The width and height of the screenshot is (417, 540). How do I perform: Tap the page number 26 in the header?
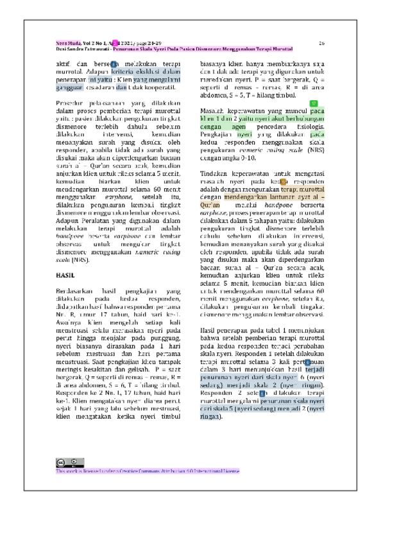(x=322, y=43)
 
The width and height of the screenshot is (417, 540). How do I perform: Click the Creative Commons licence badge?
(x=69, y=462)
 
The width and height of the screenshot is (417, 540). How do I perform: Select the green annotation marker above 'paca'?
(x=313, y=103)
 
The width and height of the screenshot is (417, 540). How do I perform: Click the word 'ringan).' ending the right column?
(x=211, y=417)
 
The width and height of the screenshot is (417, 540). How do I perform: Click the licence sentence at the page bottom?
(x=148, y=471)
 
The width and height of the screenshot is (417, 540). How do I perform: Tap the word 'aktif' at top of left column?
(x=64, y=64)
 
